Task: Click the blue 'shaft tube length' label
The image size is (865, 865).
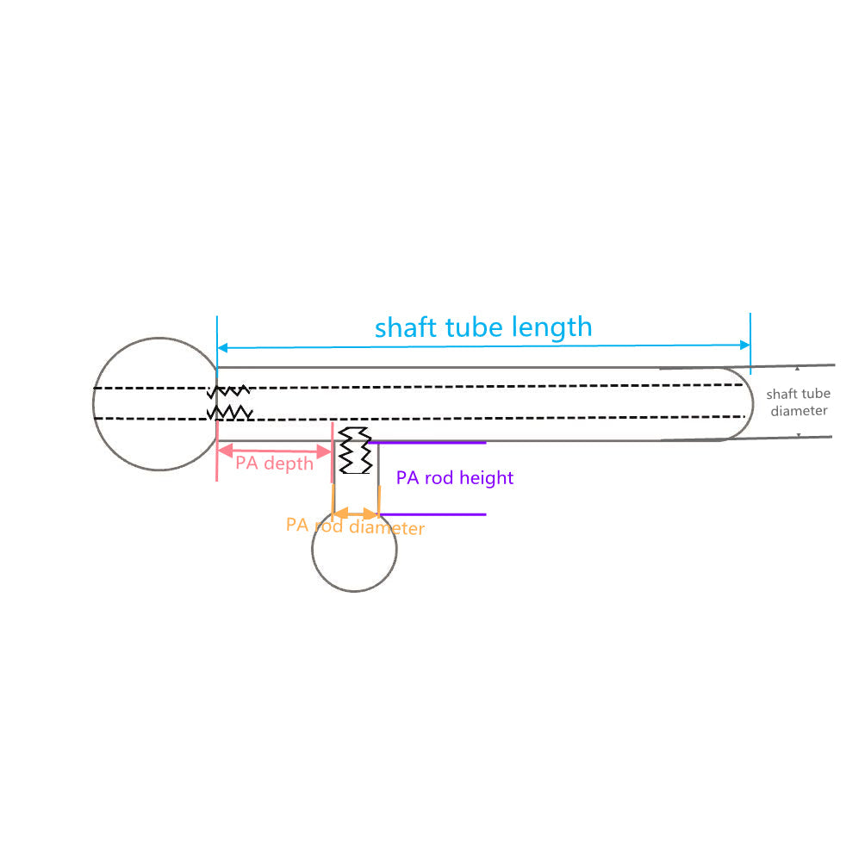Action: click(483, 327)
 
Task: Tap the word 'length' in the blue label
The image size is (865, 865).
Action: click(551, 328)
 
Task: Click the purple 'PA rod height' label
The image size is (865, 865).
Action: click(455, 477)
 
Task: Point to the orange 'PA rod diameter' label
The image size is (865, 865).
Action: click(355, 526)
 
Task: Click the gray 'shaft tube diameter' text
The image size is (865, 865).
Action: click(799, 402)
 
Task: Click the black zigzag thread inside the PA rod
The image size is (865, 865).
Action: click(355, 451)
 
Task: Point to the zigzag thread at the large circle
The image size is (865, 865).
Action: click(229, 402)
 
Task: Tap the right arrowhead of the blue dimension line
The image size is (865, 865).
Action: click(745, 345)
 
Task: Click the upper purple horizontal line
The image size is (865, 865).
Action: click(431, 443)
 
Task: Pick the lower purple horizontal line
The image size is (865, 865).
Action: click(431, 514)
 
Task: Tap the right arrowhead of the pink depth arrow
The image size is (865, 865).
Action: click(327, 451)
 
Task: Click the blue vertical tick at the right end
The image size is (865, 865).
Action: click(750, 342)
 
